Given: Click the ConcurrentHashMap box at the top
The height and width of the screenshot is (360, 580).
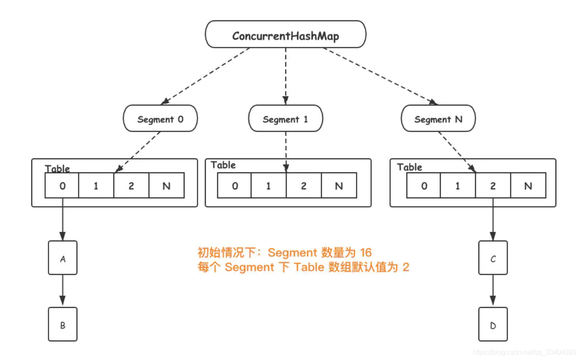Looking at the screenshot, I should (x=285, y=35).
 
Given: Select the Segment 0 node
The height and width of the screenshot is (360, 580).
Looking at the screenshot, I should (x=160, y=119).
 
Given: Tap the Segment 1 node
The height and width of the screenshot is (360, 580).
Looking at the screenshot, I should (x=285, y=119).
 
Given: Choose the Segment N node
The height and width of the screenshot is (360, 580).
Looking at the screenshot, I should (x=438, y=119).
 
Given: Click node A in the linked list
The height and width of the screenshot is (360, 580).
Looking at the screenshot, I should (x=63, y=258).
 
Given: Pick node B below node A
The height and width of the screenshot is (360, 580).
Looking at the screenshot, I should (x=63, y=324).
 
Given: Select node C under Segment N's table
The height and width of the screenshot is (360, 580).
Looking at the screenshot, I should (x=493, y=258).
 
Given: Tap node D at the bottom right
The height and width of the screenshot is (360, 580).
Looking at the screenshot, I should (x=493, y=324).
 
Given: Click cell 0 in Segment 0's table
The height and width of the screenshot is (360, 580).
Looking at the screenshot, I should (x=62, y=186).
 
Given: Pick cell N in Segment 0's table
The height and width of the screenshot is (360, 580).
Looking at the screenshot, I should (x=166, y=186).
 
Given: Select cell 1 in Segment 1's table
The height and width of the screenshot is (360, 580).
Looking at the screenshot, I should (x=268, y=186).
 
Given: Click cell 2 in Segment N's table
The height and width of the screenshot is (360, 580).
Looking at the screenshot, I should (x=493, y=186).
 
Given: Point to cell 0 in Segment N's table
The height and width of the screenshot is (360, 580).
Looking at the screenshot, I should (x=424, y=186).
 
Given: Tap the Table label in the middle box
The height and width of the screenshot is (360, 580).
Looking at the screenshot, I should (x=223, y=165).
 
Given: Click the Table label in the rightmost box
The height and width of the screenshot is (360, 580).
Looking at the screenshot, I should (x=409, y=167).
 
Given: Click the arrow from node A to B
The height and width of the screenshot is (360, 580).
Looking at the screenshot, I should (x=63, y=291).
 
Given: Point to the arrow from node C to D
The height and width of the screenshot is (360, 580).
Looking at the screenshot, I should (x=493, y=291).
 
